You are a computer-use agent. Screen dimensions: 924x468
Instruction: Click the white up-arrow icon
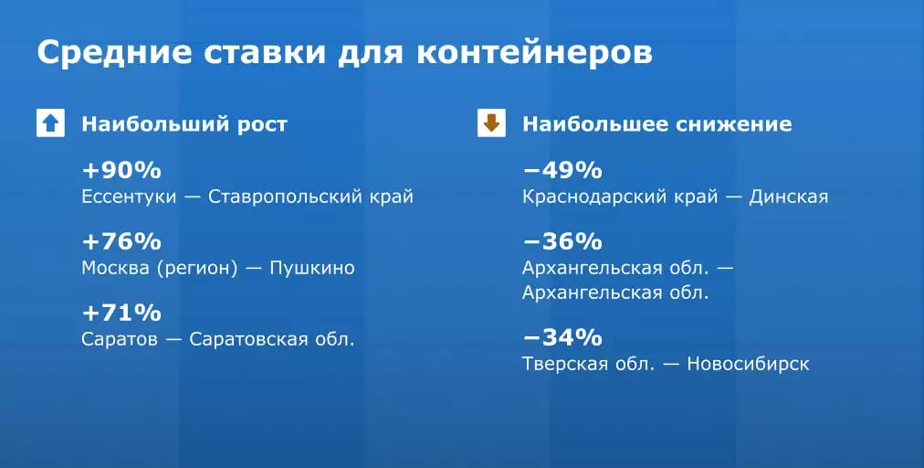pyautogui.click(x=51, y=123)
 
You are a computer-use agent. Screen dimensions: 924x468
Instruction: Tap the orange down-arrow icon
pyautogui.click(x=491, y=123)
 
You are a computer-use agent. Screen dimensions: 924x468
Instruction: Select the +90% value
pyautogui.click(x=121, y=171)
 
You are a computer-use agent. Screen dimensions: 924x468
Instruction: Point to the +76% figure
pyautogui.click(x=121, y=242)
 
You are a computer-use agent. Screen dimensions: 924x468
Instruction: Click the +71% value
pyautogui.click(x=121, y=314)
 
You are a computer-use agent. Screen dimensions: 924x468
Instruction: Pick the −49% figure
pyautogui.click(x=562, y=171)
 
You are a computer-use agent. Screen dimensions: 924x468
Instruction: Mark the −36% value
pyautogui.click(x=562, y=242)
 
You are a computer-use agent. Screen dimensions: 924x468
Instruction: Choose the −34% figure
pyautogui.click(x=562, y=338)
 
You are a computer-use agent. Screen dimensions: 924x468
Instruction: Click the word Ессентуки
pyautogui.click(x=129, y=197)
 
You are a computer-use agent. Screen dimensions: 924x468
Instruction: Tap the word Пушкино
pyautogui.click(x=312, y=268)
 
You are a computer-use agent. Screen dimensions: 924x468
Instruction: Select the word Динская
pyautogui.click(x=789, y=197)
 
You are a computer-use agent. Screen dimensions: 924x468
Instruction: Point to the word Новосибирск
pyautogui.click(x=749, y=364)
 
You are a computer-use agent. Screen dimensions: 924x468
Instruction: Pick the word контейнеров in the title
pyautogui.click(x=534, y=53)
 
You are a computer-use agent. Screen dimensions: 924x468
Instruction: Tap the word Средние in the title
pyautogui.click(x=114, y=53)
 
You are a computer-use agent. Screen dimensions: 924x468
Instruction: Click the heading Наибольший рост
pyautogui.click(x=184, y=124)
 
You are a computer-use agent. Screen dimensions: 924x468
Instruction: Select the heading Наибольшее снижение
pyautogui.click(x=657, y=124)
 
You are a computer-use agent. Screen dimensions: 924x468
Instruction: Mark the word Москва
pyautogui.click(x=115, y=268)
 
